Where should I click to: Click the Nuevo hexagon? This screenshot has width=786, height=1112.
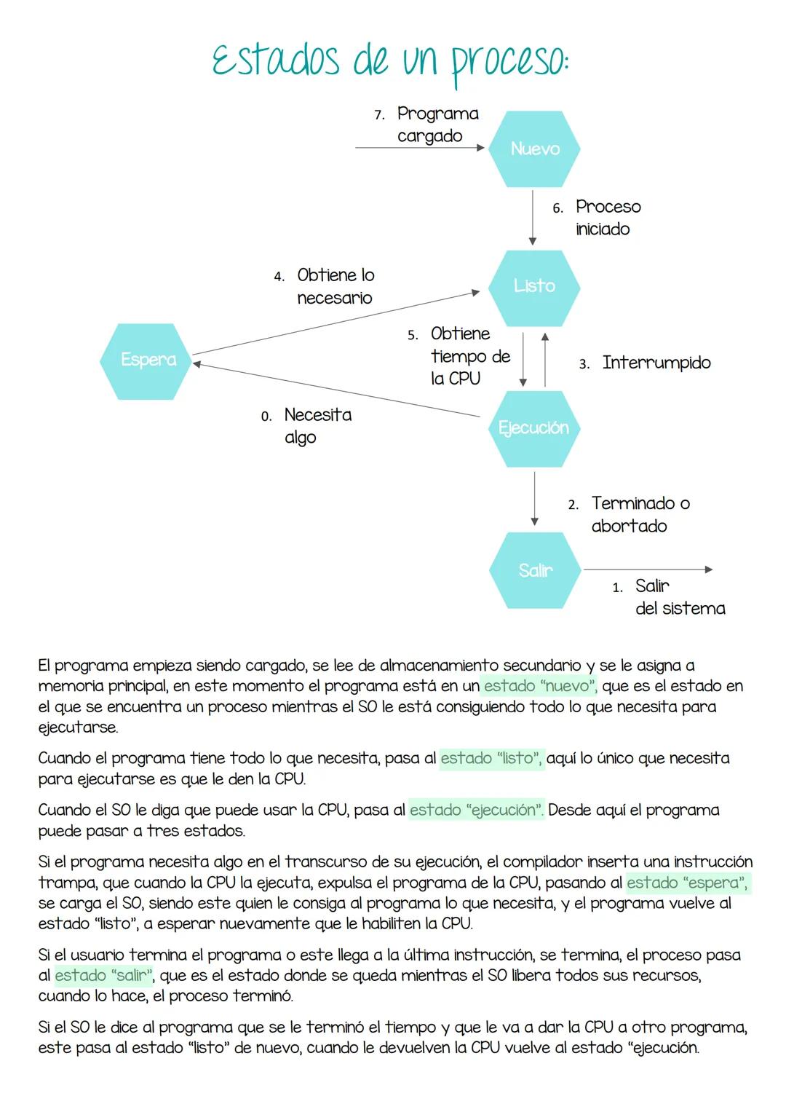pyautogui.click(x=534, y=149)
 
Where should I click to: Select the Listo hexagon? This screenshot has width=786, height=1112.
pyautogui.click(x=534, y=286)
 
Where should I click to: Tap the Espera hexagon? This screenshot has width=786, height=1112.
pyautogui.click(x=148, y=360)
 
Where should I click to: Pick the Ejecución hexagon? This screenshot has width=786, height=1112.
pyautogui.click(x=534, y=428)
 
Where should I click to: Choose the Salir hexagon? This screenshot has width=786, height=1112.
pyautogui.click(x=535, y=570)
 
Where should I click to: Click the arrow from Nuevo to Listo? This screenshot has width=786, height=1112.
pyautogui.click(x=533, y=218)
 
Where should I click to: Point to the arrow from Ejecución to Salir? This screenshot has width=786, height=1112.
pyautogui.click(x=534, y=498)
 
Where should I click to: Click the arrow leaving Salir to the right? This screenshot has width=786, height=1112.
pyautogui.click(x=647, y=569)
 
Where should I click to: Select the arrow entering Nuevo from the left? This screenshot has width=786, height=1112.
pyautogui.click(x=419, y=148)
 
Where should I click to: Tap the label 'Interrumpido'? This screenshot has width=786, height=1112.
pyautogui.click(x=656, y=363)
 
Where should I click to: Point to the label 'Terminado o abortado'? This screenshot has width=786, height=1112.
pyautogui.click(x=640, y=514)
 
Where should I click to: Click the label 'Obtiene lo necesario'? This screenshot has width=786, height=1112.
pyautogui.click(x=335, y=286)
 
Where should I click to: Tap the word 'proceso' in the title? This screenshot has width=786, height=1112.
pyautogui.click(x=508, y=60)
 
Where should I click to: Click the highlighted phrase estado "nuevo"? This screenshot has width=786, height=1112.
pyautogui.click(x=539, y=686)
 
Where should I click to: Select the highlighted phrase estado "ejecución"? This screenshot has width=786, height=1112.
pyautogui.click(x=476, y=810)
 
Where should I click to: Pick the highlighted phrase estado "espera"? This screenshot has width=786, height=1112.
pyautogui.click(x=686, y=883)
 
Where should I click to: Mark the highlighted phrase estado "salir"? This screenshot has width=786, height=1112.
pyautogui.click(x=104, y=975)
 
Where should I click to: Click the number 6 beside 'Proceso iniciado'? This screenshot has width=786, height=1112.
pyautogui.click(x=557, y=208)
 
